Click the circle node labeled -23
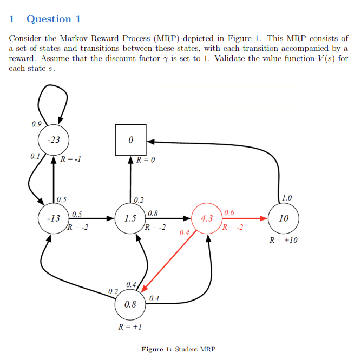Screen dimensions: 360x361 click(53, 140)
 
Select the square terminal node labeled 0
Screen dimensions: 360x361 click(130, 140)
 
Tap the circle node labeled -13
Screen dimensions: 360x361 click(53, 219)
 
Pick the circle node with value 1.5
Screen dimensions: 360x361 click(130, 219)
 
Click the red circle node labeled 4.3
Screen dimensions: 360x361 click(207, 219)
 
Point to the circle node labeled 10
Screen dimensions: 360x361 click(283, 219)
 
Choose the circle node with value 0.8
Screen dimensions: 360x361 click(130, 304)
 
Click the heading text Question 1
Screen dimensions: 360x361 click(54, 19)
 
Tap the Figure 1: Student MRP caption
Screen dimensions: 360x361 click(178, 349)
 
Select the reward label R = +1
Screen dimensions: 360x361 click(130, 326)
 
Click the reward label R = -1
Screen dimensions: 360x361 click(71, 160)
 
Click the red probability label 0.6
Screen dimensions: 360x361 click(229, 212)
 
